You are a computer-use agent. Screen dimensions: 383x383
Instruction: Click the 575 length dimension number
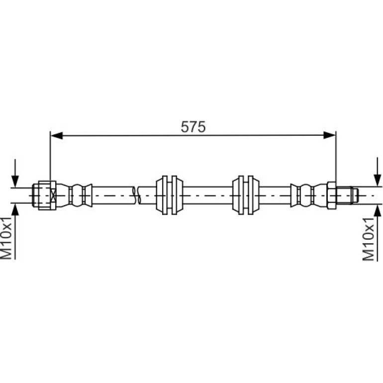coord(193,127)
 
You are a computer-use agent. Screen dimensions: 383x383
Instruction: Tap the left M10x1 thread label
coord(6,238)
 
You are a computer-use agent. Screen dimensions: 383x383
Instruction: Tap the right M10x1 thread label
coord(369,239)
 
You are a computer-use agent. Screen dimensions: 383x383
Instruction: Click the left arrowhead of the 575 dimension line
coord(56,136)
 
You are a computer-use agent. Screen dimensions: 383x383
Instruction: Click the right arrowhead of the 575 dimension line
coord(329,135)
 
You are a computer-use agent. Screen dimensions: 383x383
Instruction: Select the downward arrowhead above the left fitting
coord(15,181)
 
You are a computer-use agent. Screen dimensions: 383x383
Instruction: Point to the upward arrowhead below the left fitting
coord(15,209)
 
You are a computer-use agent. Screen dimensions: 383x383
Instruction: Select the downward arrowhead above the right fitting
coord(378,180)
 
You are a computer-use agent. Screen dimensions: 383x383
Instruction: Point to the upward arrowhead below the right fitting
coord(378,211)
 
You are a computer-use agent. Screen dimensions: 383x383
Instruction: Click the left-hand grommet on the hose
coord(169,195)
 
